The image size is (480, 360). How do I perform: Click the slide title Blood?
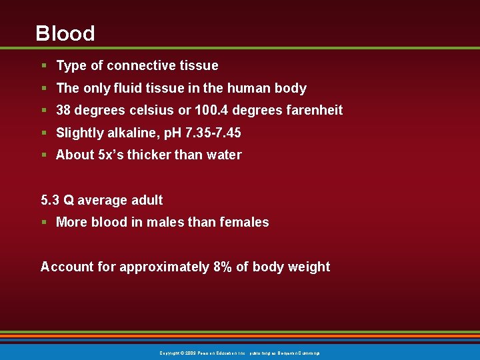(65, 33)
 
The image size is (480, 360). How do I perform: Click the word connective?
(141, 65)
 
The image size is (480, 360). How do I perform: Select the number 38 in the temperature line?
(64, 110)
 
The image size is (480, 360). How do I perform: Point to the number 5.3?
(50, 200)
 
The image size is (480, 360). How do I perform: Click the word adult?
(147, 200)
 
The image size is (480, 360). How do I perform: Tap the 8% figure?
(223, 267)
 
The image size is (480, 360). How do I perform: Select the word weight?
(309, 267)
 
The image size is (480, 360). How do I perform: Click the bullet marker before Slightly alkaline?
(43, 133)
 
